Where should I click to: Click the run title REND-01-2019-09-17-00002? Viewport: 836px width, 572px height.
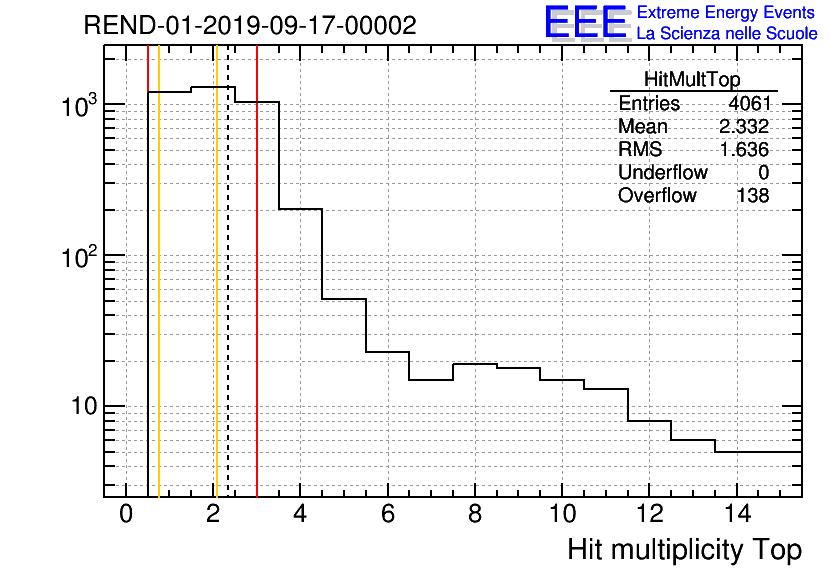(x=250, y=26)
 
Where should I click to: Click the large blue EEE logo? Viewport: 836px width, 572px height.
(x=586, y=22)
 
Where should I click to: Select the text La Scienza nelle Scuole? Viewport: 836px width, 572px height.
(x=727, y=34)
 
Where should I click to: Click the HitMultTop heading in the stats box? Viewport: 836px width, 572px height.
(x=693, y=81)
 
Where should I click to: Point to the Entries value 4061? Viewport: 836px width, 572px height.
(x=749, y=104)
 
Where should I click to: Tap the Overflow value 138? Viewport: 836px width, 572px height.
(x=753, y=196)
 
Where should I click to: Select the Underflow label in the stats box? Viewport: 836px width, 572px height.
(x=663, y=173)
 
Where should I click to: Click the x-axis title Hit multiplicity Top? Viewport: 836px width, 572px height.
(x=685, y=550)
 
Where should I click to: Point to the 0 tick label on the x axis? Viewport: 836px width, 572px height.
(x=126, y=514)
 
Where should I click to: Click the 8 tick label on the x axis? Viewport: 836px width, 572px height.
(x=475, y=514)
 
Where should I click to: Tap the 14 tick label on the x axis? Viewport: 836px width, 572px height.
(x=736, y=514)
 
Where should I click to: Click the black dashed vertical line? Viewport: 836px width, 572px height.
(x=228, y=300)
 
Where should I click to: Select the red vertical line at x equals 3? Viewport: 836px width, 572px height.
(x=257, y=300)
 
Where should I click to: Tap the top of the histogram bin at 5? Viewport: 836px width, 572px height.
(x=344, y=299)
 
